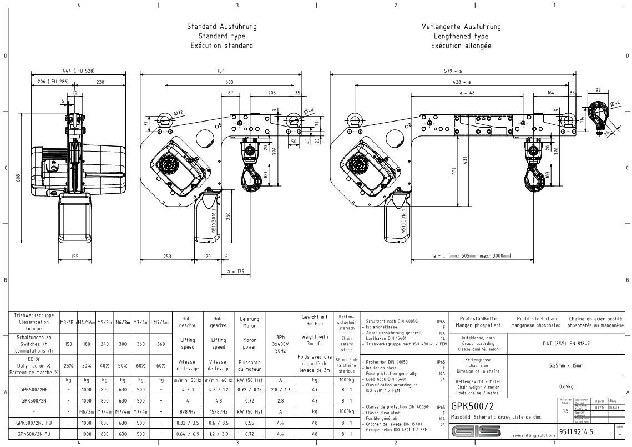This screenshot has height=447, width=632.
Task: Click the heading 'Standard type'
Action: pyautogui.click(x=221, y=36)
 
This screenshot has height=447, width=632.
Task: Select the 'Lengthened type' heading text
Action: pyautogui.click(x=461, y=36)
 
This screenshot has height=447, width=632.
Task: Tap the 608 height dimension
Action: pyautogui.click(x=19, y=178)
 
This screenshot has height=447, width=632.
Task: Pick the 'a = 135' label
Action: pyautogui.click(x=236, y=272)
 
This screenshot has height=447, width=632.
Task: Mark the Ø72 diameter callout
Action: pyautogui.click(x=178, y=113)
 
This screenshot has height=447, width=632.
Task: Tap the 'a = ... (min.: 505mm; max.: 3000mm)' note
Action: pyautogui.click(x=472, y=256)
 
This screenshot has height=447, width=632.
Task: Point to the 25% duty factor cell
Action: pyautogui.click(x=68, y=365)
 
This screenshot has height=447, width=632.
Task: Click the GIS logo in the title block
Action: pyautogui.click(x=476, y=431)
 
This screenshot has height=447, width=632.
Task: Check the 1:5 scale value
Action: pyautogui.click(x=565, y=411)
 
